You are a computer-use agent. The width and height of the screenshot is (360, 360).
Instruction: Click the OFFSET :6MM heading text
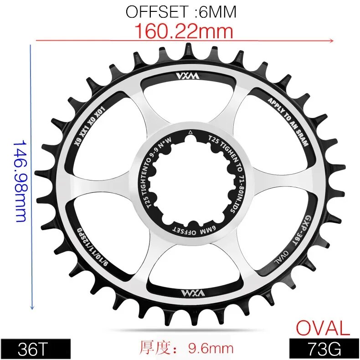(181, 12)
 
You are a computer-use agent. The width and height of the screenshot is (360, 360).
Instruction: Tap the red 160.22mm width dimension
(184, 31)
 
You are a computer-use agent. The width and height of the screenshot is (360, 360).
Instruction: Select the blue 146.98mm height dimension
(20, 180)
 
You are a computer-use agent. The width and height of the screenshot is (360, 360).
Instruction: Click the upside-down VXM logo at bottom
(181, 292)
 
